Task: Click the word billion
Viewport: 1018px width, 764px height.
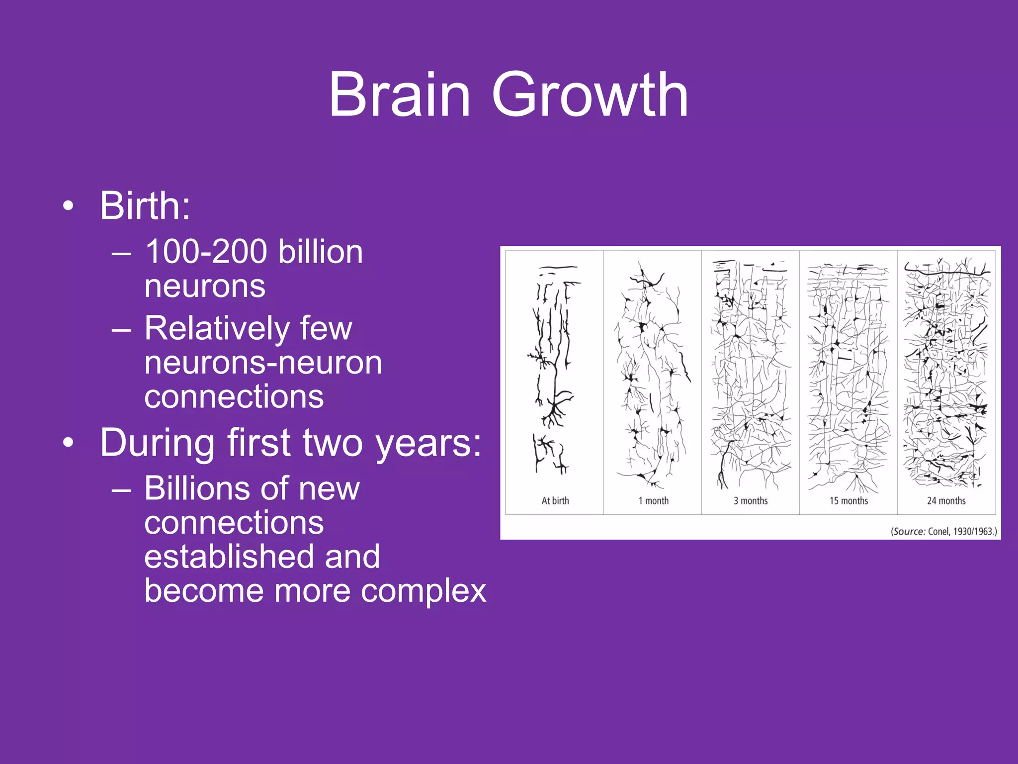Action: point(321,252)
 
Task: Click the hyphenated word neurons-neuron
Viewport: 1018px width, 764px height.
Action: point(263,363)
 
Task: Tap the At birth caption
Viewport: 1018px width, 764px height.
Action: point(555,501)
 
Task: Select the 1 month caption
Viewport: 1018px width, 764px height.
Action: point(653,501)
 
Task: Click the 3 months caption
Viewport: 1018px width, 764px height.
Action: point(751,501)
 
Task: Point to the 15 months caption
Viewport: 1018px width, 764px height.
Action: point(848,501)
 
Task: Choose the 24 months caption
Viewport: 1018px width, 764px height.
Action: point(946,501)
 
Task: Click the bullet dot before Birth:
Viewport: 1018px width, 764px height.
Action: point(69,206)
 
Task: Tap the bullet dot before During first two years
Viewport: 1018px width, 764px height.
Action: point(69,443)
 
